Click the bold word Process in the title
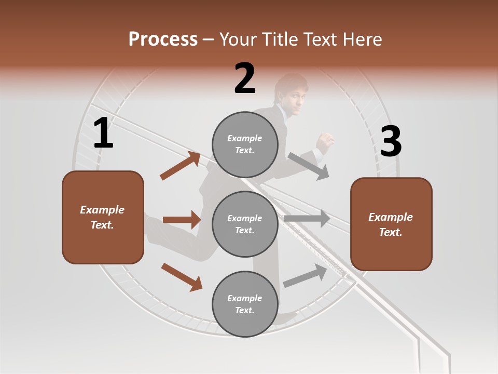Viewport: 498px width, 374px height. tap(163, 39)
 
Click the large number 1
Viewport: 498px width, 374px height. tap(103, 133)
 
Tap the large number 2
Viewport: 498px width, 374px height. tap(245, 78)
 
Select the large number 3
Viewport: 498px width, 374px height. tap(391, 142)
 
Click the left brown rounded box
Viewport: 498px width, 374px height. tap(103, 217)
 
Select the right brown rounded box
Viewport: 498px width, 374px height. tap(391, 224)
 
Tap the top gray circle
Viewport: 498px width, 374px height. tap(245, 144)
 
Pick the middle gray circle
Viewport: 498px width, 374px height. tap(245, 224)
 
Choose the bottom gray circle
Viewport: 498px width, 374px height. tap(245, 304)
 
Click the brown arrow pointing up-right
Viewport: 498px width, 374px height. tap(180, 166)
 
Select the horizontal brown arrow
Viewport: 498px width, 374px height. tap(182, 220)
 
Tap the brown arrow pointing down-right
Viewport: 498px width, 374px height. tap(182, 277)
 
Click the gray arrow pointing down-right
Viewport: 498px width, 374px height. tap(309, 166)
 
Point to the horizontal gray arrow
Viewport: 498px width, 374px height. tap(307, 219)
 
